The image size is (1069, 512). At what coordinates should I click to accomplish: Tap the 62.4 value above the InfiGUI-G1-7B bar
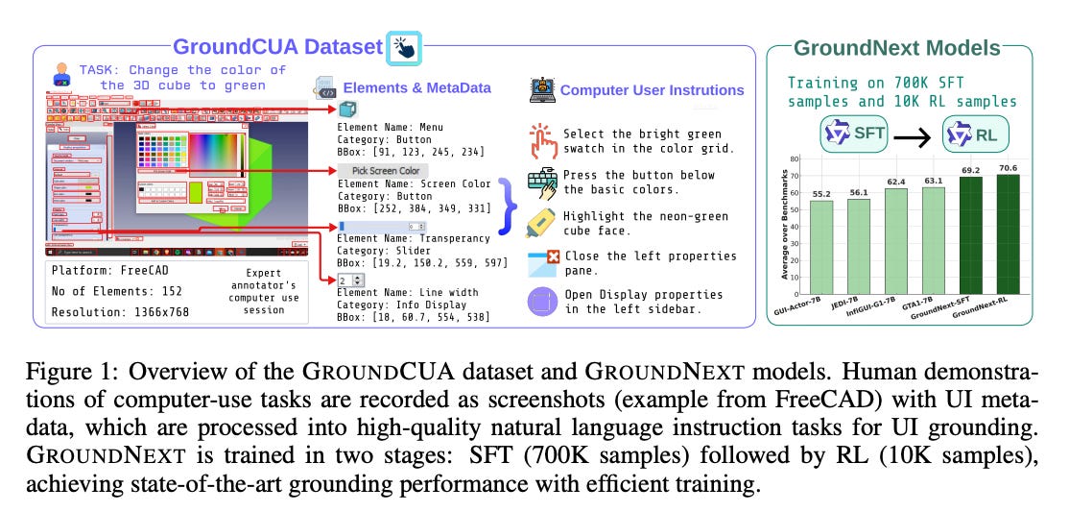[x=898, y=181]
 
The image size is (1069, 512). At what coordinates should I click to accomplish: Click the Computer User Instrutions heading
[x=652, y=90]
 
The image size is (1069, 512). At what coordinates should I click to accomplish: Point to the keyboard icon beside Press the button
[x=542, y=182]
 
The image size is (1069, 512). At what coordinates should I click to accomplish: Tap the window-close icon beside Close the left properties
[x=542, y=263]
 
